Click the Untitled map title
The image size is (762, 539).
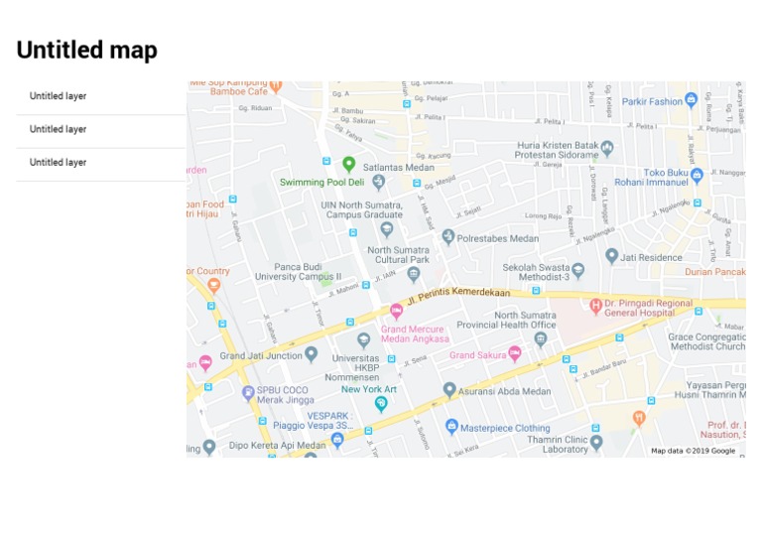[x=87, y=51]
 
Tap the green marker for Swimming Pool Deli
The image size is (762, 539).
[x=348, y=164]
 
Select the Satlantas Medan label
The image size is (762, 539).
[x=399, y=168]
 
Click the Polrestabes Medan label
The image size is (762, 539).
[x=503, y=238]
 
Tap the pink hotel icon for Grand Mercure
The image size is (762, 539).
[x=396, y=311]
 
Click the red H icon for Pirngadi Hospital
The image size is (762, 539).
[x=595, y=306]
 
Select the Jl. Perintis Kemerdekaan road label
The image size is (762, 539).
[x=457, y=293]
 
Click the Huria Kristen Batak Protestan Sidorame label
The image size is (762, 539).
[x=558, y=150]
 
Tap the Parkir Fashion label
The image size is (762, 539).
[x=652, y=101]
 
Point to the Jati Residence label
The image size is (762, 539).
[x=652, y=257]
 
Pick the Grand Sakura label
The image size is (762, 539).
[x=477, y=354]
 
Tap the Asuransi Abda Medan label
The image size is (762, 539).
[x=503, y=390]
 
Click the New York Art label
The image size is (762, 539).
[x=369, y=389]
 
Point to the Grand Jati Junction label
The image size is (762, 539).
[x=261, y=355]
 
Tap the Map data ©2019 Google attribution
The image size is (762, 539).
[x=693, y=451]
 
